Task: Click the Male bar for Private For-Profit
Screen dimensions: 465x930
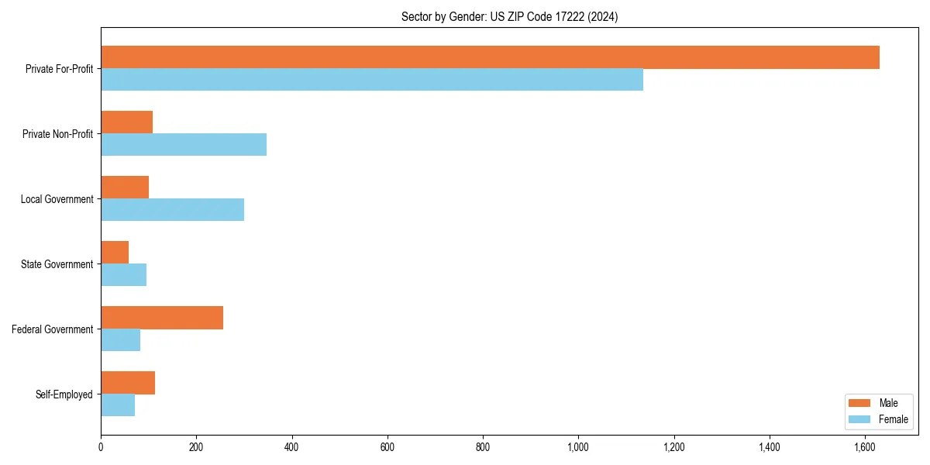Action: [490, 57]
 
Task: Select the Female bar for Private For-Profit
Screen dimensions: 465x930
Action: [372, 80]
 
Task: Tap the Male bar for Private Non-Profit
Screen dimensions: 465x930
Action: [126, 122]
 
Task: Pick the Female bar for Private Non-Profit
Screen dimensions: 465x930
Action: [184, 145]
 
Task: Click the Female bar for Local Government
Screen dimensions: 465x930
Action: [172, 210]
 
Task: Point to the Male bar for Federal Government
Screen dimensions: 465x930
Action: [162, 318]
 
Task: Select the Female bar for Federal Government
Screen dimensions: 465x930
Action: [120, 340]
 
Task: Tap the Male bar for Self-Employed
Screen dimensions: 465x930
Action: [128, 383]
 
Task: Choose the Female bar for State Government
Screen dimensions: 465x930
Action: [123, 275]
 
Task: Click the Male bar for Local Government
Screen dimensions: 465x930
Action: [125, 188]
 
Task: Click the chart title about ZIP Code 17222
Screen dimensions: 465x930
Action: [509, 16]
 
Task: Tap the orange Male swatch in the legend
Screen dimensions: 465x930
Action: [860, 403]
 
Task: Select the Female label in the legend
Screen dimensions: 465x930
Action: [893, 419]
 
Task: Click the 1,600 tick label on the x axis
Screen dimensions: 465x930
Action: [865, 447]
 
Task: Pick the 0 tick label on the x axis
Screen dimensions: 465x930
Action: [101, 447]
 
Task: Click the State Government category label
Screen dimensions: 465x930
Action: [57, 264]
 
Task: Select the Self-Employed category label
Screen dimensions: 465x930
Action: [64, 394]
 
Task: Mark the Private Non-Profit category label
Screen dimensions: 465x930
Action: [57, 134]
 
